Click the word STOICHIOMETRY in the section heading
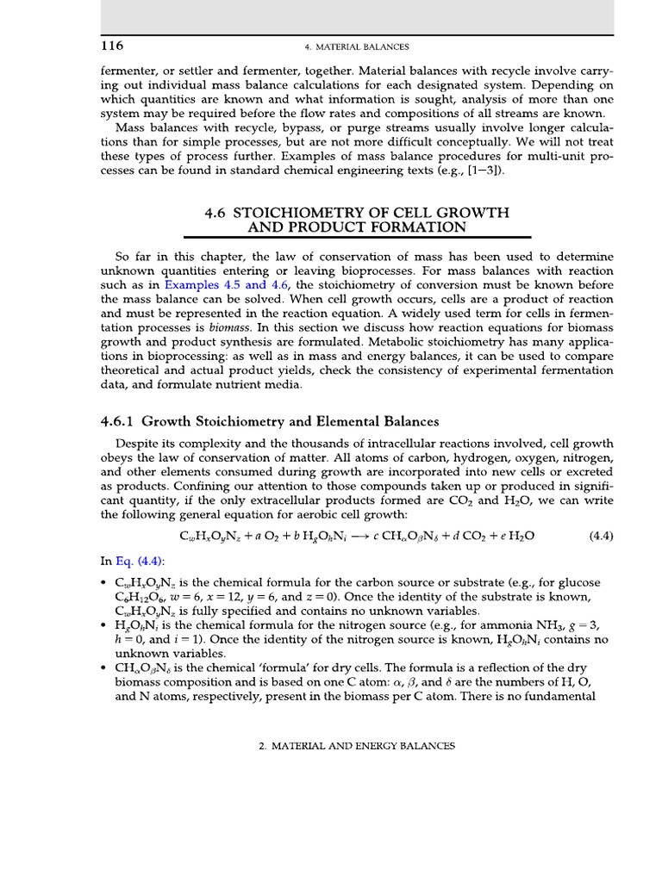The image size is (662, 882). point(298,212)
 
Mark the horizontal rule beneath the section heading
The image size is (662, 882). point(358,237)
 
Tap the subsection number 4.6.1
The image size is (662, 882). point(118,421)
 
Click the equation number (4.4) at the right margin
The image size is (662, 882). point(600,536)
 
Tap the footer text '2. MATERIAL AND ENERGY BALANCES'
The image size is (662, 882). point(357,747)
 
